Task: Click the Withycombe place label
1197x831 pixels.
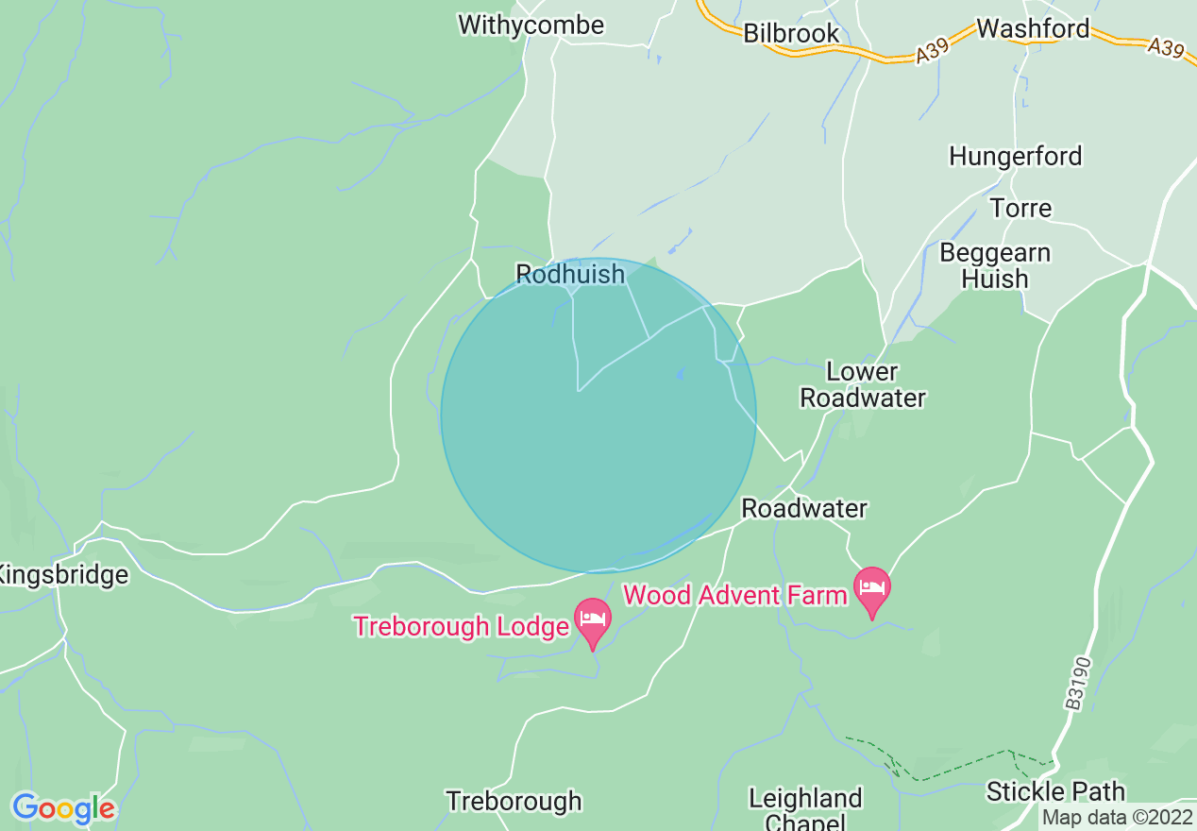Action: [531, 25]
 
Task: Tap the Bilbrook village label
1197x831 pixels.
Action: [791, 33]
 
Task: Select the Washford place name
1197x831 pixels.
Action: [1033, 28]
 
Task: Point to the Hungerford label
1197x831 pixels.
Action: [1016, 156]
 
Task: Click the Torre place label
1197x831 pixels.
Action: [1020, 208]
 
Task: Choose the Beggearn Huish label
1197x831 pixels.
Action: [995, 266]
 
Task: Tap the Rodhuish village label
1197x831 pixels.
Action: [570, 274]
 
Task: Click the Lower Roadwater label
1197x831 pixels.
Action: [863, 384]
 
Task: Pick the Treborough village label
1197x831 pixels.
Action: [514, 802]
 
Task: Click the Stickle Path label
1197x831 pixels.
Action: [1055, 791]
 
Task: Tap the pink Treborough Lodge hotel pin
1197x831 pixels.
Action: [593, 621]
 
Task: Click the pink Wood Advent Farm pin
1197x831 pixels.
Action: [872, 589]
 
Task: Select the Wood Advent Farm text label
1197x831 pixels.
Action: [735, 595]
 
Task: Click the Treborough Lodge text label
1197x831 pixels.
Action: [463, 626]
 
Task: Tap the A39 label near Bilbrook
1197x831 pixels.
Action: [931, 55]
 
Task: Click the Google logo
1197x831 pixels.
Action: [63, 808]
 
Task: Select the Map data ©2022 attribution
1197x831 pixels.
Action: [1117, 817]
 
